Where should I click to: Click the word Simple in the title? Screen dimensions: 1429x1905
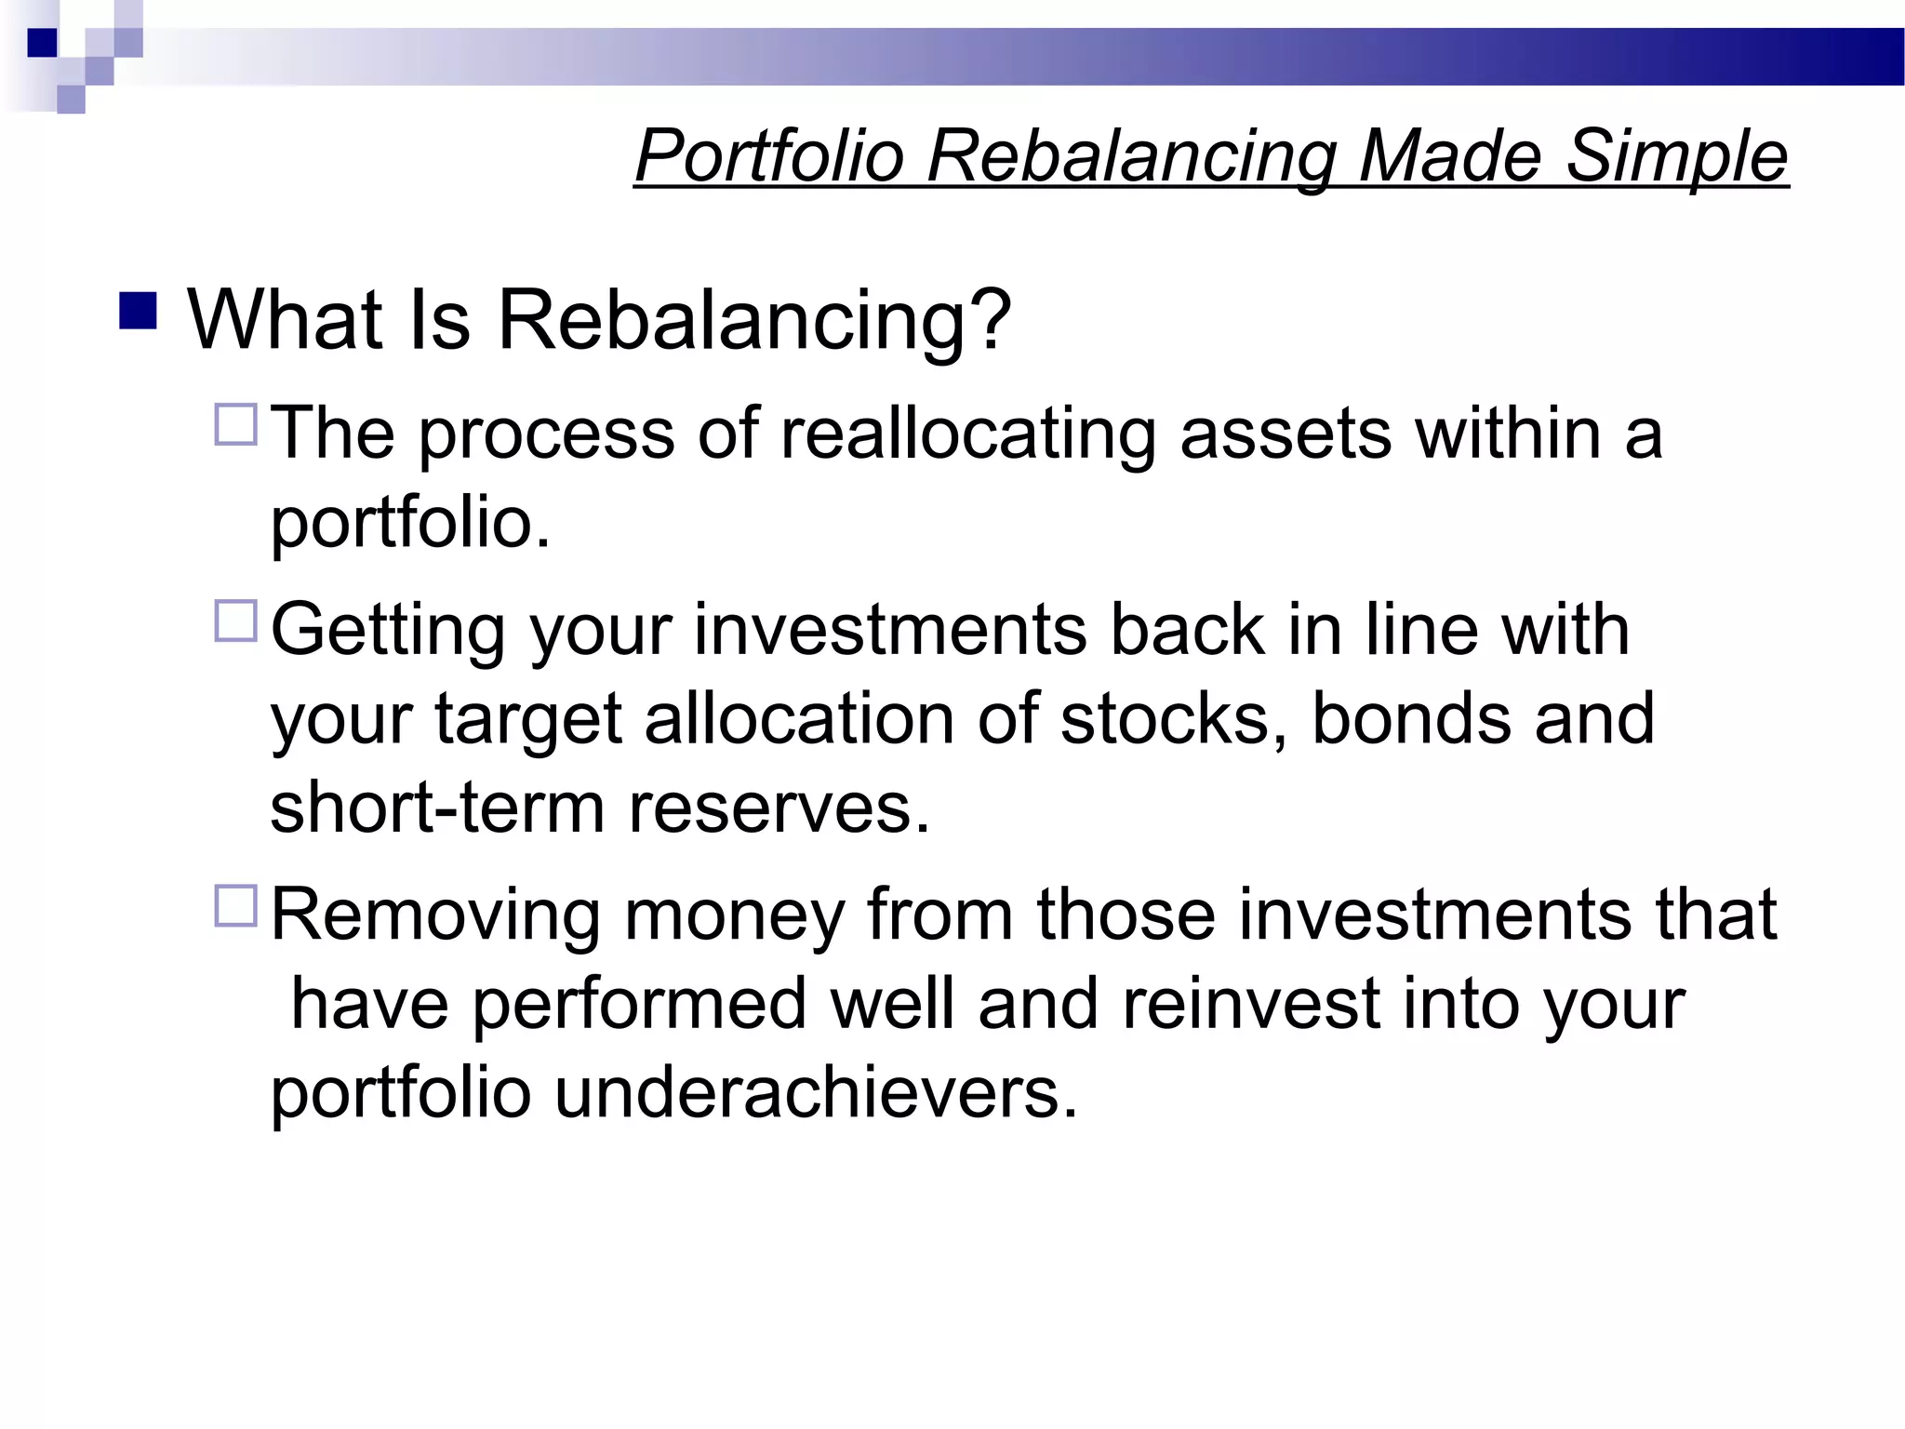pyautogui.click(x=1676, y=156)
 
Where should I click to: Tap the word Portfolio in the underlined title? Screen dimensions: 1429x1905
pyautogui.click(x=769, y=156)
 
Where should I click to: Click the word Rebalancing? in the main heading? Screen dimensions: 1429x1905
pyautogui.click(x=753, y=320)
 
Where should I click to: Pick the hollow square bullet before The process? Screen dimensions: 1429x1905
pyautogui.click(x=236, y=424)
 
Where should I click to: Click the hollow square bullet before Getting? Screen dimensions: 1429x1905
pyautogui.click(x=236, y=621)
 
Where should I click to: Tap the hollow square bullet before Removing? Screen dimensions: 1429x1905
pyautogui.click(x=236, y=905)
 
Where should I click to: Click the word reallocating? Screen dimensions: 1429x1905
pyautogui.click(x=967, y=434)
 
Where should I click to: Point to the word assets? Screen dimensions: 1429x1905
pyautogui.click(x=1286, y=434)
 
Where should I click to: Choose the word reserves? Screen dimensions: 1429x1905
pyautogui.click(x=779, y=808)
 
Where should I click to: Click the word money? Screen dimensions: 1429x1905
pyautogui.click(x=734, y=915)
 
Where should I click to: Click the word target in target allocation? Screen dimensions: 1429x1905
pyautogui.click(x=527, y=721)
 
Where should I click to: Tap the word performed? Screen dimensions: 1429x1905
pyautogui.click(x=639, y=1006)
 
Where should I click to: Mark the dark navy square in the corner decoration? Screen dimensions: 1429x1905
pyautogui.click(x=43, y=43)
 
